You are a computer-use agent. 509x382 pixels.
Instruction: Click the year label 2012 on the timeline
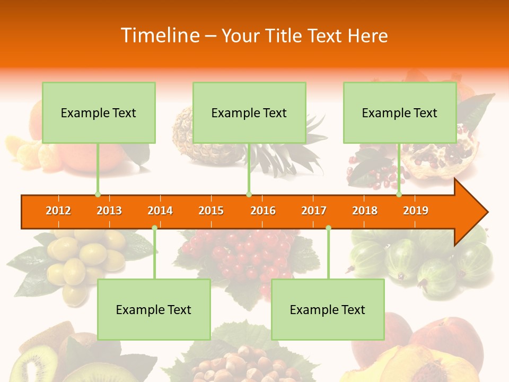coord(58,211)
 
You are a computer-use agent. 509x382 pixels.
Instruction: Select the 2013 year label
coord(109,211)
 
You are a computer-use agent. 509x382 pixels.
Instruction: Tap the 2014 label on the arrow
coord(160,211)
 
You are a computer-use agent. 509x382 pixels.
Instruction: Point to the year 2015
coord(211,211)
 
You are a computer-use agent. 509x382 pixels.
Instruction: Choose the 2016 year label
coord(263,211)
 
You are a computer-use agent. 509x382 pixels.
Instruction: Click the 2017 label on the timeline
coord(314,211)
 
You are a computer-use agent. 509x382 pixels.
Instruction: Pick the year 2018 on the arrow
coord(365,211)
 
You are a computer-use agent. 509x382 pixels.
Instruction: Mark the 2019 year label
coord(416,211)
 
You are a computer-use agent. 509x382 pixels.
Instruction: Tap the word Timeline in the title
coord(159,36)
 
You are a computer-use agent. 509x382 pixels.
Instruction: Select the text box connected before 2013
coord(99,112)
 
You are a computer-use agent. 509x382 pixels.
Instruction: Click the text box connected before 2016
coord(249,112)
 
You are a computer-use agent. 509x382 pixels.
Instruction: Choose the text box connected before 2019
coord(400,112)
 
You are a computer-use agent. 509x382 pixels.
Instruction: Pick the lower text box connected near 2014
coord(154,309)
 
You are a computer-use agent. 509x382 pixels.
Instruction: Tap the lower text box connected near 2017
coord(328,309)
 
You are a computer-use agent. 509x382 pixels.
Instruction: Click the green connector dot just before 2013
coord(98,195)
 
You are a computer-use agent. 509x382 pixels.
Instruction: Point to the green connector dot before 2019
coord(399,195)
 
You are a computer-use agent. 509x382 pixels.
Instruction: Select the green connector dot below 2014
coord(154,228)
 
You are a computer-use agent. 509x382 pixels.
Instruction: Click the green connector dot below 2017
coord(328,228)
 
